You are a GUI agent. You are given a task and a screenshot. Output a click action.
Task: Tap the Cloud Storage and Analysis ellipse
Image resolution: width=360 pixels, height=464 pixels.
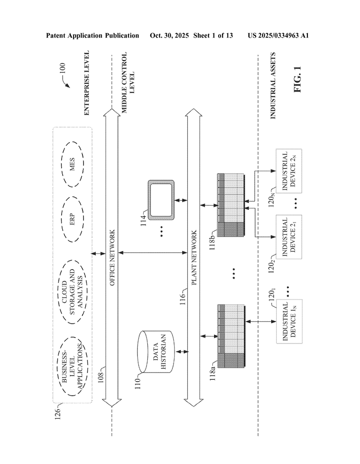(73, 289)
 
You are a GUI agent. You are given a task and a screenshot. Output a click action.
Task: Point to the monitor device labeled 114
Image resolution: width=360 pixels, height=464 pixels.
(161, 199)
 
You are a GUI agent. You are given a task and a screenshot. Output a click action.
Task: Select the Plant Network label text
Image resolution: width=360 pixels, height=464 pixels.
(194, 257)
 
